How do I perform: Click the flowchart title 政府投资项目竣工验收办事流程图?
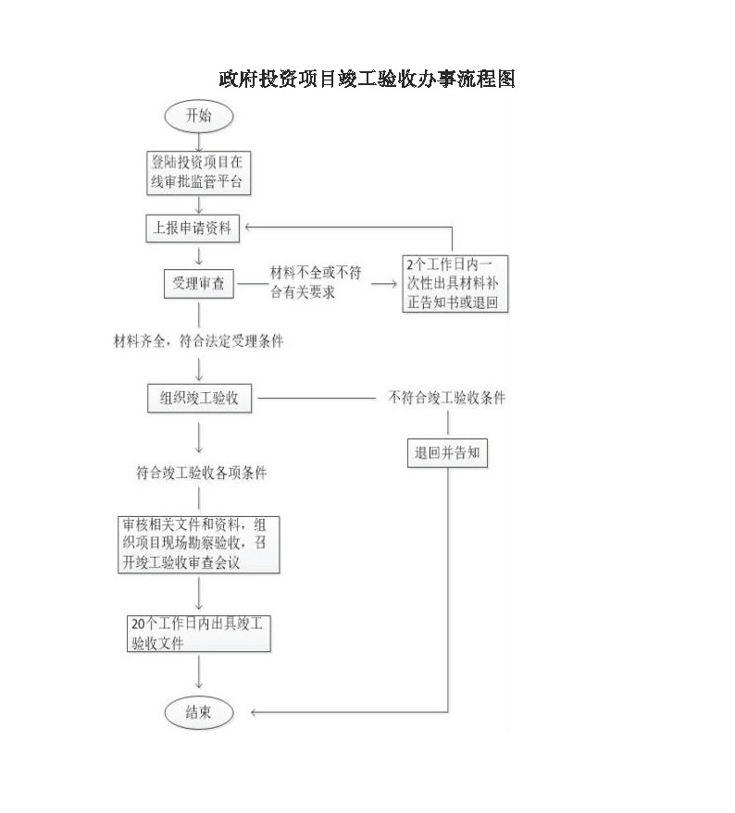point(367,79)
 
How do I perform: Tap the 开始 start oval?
point(199,116)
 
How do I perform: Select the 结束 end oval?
point(199,712)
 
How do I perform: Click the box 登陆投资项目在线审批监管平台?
point(199,173)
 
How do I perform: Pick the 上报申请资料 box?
point(193,228)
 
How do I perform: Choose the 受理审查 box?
point(199,284)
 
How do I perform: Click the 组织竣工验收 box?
point(199,399)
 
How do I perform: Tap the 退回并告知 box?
point(447,452)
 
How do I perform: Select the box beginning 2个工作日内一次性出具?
point(455,284)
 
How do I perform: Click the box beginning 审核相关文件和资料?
point(199,545)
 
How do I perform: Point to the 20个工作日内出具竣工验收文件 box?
point(199,634)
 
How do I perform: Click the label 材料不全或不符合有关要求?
point(316,282)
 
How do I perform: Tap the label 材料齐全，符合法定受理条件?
point(198,340)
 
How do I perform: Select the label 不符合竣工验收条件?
point(447,398)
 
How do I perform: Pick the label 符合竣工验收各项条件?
point(202,473)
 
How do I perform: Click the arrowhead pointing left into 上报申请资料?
point(248,227)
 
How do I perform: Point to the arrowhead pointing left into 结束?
point(255,712)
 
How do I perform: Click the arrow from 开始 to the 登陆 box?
point(199,142)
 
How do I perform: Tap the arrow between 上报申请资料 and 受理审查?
point(199,256)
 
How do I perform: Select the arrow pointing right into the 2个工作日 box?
point(384,284)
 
